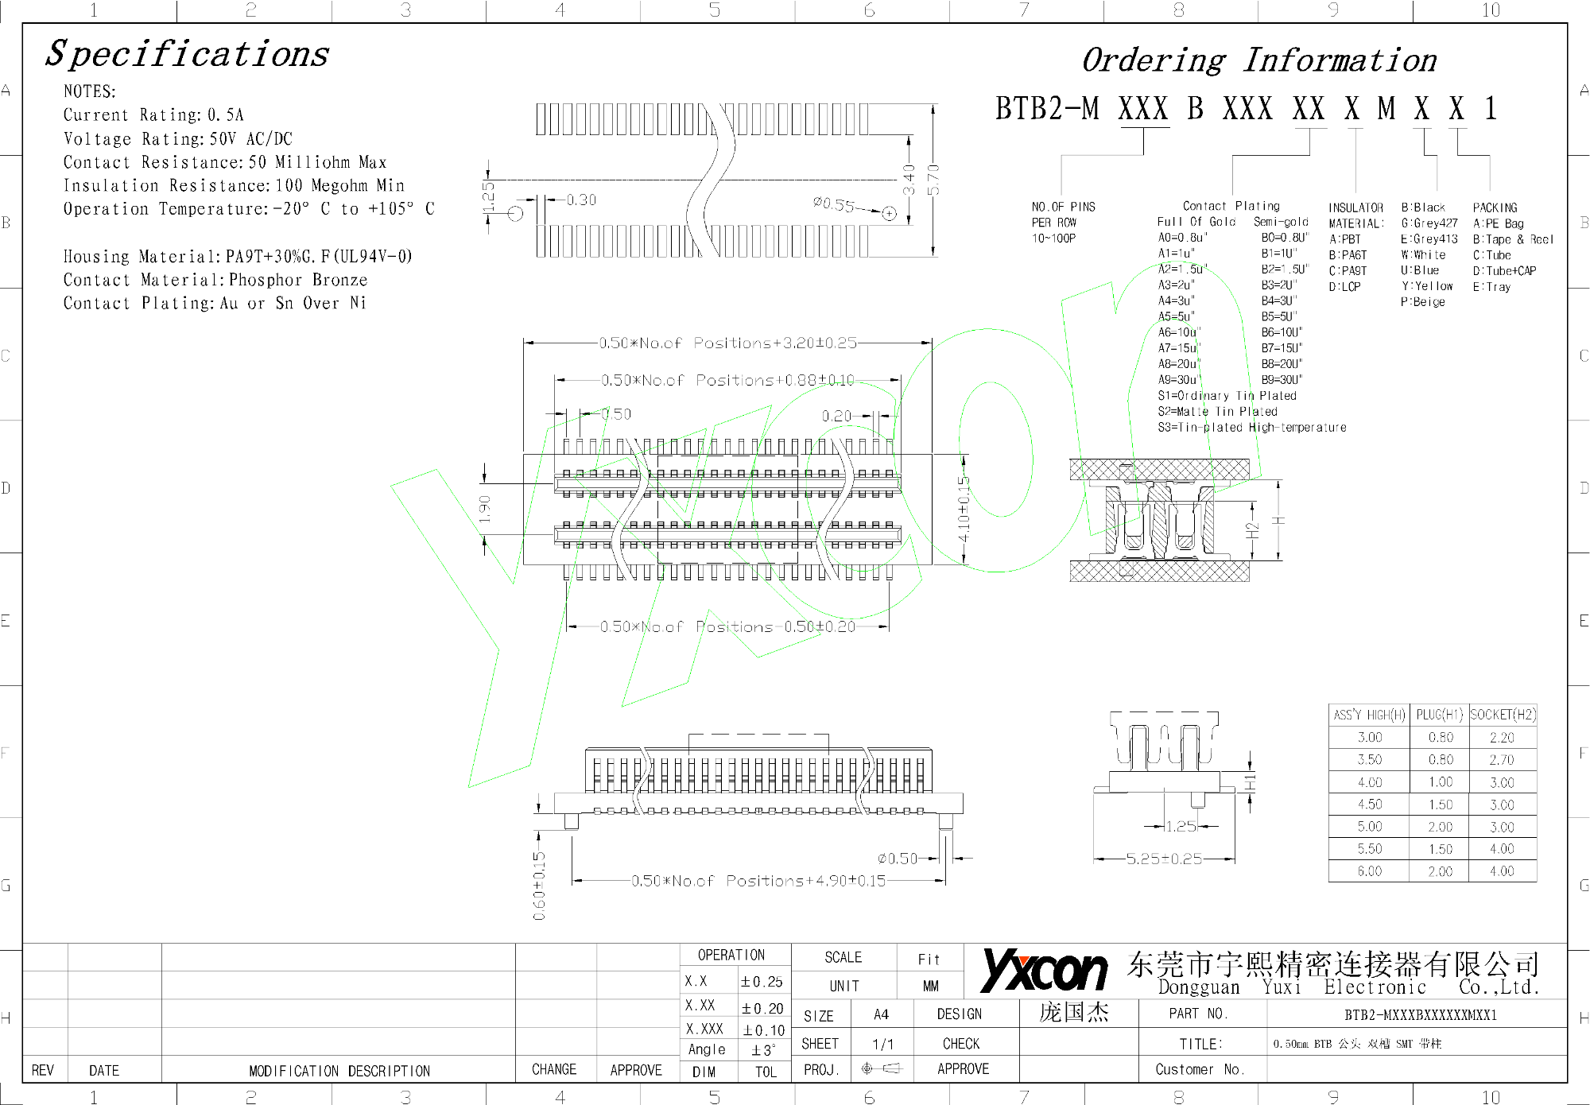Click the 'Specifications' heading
187,54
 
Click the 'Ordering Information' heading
1258,60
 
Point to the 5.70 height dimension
933,180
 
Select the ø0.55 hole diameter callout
833,204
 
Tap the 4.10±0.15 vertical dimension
964,509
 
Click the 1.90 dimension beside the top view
485,509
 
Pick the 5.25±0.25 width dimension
1164,859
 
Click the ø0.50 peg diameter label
897,859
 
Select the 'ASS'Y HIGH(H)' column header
1369,715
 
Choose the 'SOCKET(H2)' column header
1503,715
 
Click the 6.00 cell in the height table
1369,871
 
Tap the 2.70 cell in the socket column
1502,760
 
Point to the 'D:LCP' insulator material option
1344,287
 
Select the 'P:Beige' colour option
1423,302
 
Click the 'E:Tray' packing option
1491,287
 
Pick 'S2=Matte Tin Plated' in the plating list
1217,412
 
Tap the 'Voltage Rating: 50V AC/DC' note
178,139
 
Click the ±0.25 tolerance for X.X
762,982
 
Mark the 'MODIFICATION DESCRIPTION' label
339,1071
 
